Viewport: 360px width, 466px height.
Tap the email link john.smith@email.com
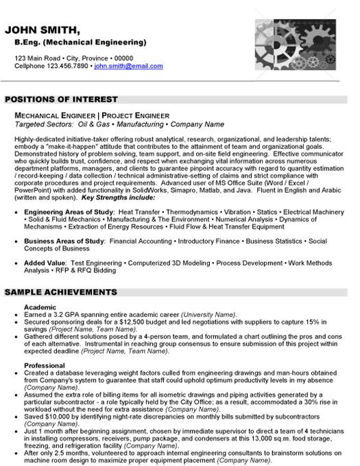pos(129,67)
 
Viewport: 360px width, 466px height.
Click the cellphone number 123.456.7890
pos(70,67)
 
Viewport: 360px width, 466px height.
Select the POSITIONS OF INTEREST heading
pos(61,100)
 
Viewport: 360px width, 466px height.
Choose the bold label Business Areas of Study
pos(64,242)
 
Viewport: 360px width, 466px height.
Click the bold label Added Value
pos(45,263)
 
